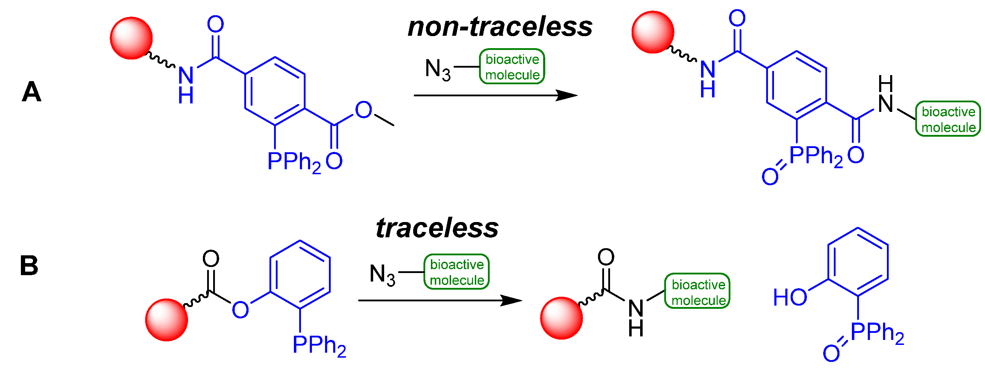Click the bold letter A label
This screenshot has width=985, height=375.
[x=32, y=92]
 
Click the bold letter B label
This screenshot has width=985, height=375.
[x=29, y=266]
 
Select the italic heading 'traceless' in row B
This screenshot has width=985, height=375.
[x=437, y=228]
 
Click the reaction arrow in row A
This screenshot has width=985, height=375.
[x=495, y=95]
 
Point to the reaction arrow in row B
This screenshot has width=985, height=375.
[x=440, y=300]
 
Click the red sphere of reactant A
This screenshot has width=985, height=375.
[x=131, y=38]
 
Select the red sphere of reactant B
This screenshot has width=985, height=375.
[x=166, y=320]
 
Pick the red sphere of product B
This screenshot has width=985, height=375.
[x=561, y=318]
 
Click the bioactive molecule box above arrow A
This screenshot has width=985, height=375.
[x=512, y=67]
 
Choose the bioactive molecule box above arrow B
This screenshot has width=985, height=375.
[x=456, y=272]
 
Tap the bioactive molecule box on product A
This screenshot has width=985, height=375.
[x=948, y=119]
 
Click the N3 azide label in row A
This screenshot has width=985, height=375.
[x=437, y=70]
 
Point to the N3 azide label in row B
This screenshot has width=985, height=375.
[x=382, y=275]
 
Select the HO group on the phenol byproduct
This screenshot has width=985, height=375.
[x=790, y=298]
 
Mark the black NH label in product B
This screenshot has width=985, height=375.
[x=636, y=317]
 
